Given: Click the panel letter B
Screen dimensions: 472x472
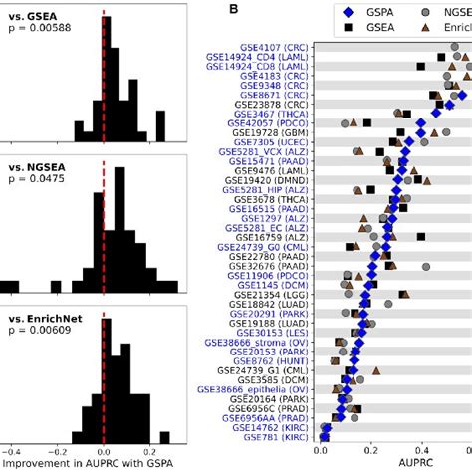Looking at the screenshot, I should pos(233,9).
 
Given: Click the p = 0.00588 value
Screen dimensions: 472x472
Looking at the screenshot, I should pos(36,33).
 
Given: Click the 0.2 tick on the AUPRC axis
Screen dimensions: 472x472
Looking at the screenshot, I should pos(395,450).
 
